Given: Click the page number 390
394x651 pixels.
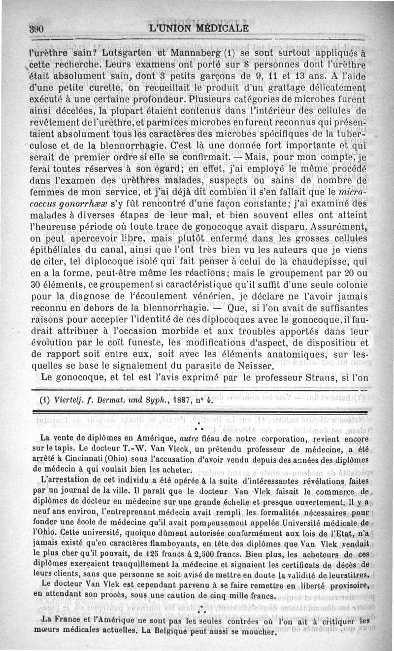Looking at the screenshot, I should coord(36,29).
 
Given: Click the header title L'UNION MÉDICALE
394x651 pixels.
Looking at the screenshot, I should coord(198,28).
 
